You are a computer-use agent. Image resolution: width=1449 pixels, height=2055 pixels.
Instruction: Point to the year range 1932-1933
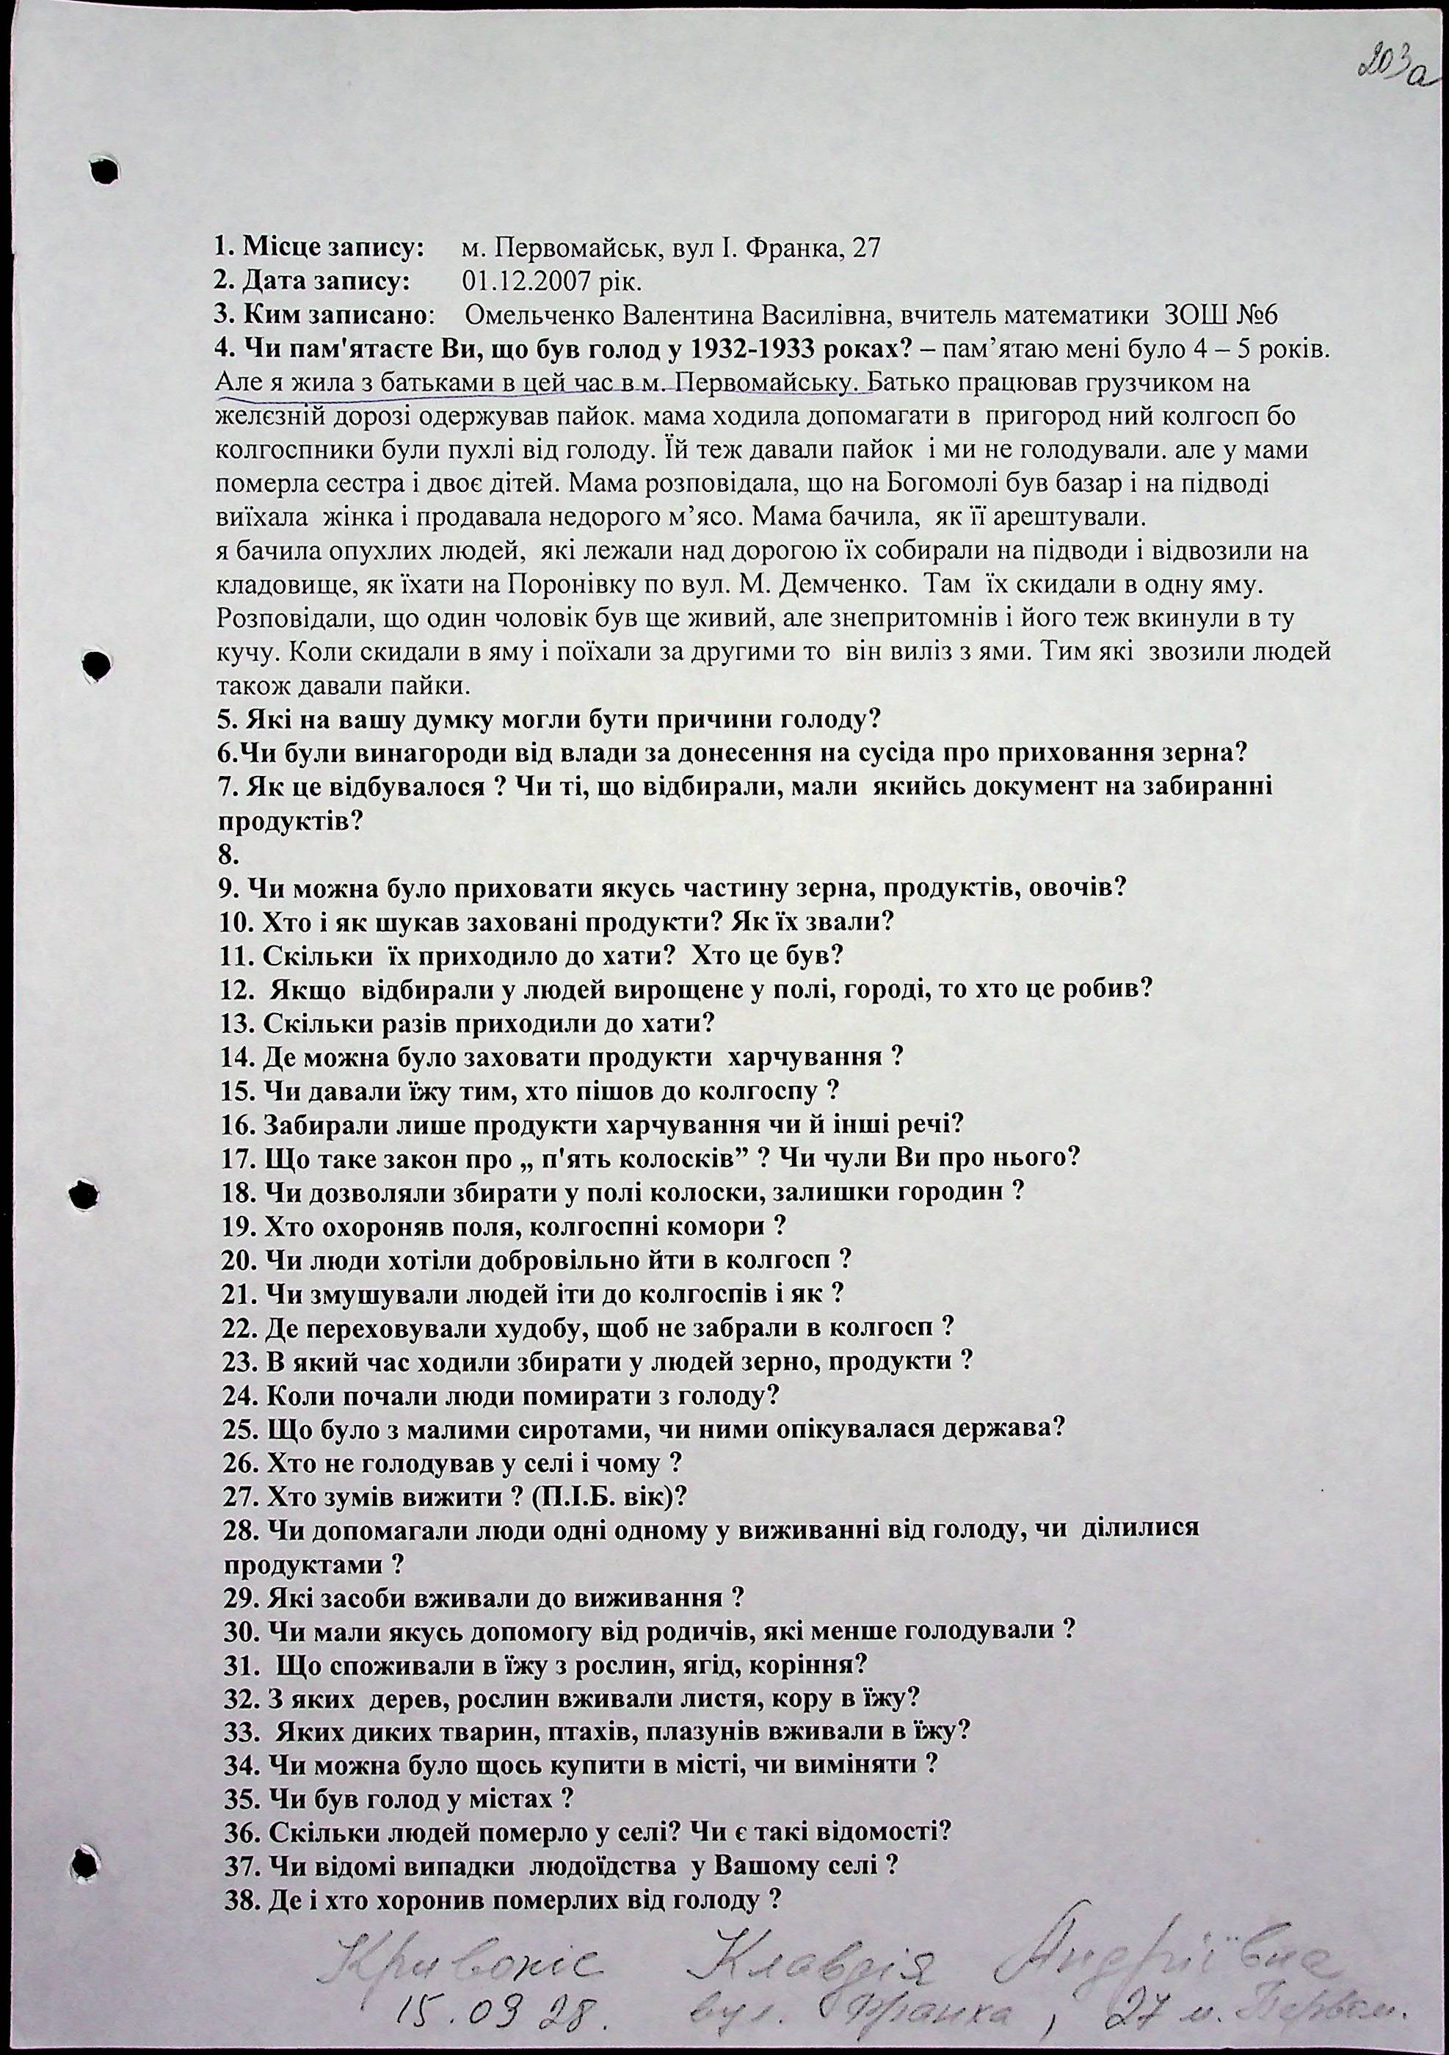click(x=750, y=349)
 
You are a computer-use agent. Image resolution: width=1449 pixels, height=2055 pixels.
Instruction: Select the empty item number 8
click(x=228, y=855)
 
